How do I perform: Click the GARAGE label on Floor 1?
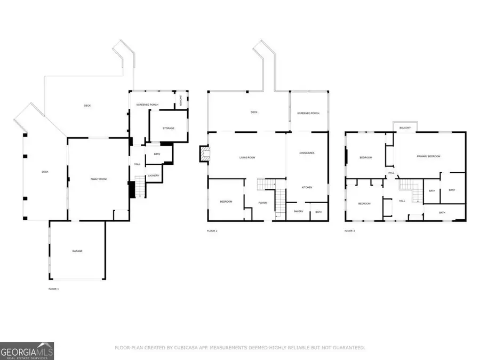pos(77,251)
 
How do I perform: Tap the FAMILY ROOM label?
pos(99,179)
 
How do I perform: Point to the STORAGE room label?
pos(169,128)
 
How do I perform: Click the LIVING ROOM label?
pos(247,157)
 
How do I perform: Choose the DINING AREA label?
pos(307,153)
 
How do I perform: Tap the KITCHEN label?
pos(307,187)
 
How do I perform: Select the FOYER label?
pos(262,203)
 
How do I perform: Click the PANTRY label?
pos(298,212)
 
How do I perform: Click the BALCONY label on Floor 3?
pos(405,128)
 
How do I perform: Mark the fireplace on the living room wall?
pos(204,154)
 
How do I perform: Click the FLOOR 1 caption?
pos(53,289)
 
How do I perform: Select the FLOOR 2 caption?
pos(212,231)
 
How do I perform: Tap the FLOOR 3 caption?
pos(349,231)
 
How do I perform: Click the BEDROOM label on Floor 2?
pos(226,202)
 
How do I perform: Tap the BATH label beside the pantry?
pos(318,212)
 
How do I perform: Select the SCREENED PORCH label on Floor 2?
pos(308,113)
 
